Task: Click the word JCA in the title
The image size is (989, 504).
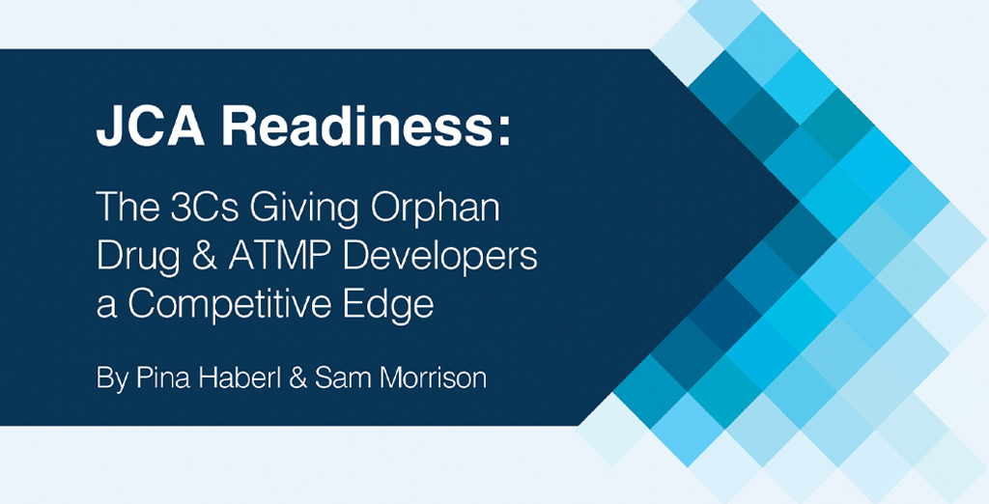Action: point(150,127)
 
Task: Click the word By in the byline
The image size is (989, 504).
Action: point(112,378)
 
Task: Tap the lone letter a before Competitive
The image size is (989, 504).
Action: point(107,308)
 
